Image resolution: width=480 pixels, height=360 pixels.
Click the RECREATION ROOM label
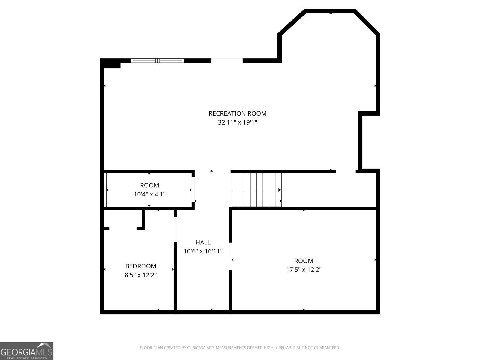point(237,113)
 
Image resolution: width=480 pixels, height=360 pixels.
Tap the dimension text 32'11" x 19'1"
point(237,122)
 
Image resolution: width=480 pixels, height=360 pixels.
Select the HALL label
point(203,242)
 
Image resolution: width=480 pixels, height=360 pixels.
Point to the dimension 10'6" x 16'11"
point(203,251)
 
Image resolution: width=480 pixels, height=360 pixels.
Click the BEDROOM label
point(141,266)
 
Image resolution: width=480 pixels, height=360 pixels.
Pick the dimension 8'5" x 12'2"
point(141,275)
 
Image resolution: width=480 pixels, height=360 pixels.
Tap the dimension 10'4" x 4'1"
point(149,194)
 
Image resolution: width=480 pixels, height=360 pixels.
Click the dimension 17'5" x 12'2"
point(304,270)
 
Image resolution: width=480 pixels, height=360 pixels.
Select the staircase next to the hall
point(256,190)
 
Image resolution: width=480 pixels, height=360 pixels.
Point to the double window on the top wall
point(157,61)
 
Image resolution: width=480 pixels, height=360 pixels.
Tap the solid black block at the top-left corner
point(110,64)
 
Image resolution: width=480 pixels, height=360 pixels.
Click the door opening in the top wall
point(227,61)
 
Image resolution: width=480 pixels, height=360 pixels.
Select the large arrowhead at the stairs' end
point(280,190)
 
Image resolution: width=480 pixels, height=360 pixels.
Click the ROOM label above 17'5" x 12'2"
point(304,261)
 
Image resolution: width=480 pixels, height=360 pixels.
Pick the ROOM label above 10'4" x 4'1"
point(149,185)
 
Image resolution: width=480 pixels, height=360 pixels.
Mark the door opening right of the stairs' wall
point(346,172)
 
